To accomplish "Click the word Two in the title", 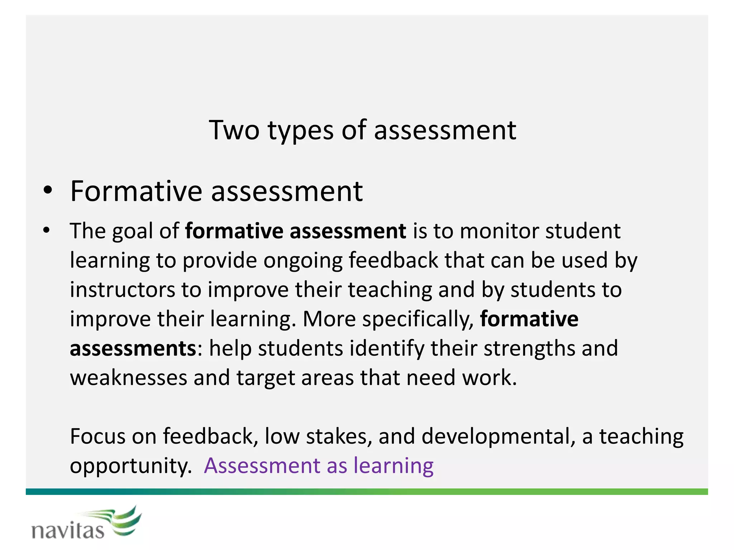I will pyautogui.click(x=234, y=130).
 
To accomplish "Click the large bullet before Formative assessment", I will pyautogui.click(x=48, y=191).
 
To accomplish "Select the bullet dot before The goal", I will pyautogui.click(x=46, y=231).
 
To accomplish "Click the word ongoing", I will pyautogui.click(x=303, y=261).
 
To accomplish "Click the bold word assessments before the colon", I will pyautogui.click(x=133, y=348).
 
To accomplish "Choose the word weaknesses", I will pyautogui.click(x=128, y=378).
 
